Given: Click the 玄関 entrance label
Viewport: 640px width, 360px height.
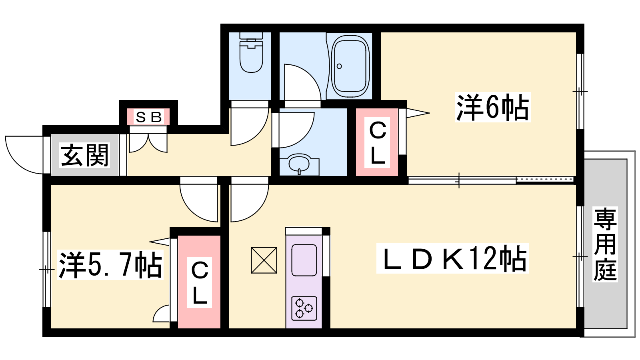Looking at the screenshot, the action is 84,155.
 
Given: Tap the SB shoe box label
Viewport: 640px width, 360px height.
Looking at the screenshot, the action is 148,117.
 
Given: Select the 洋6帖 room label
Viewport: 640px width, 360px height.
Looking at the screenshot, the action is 492,107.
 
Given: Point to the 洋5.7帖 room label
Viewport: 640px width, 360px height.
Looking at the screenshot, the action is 110,264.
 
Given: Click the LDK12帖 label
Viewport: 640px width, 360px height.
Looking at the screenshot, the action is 452,258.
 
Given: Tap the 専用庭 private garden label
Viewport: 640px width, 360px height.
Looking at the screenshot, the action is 605,244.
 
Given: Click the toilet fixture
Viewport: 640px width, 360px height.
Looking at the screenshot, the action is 251,52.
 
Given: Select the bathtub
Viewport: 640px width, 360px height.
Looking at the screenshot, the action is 350,66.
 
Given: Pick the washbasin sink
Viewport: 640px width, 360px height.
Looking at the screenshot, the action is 299,164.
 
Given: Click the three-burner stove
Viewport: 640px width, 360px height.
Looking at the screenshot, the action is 304,308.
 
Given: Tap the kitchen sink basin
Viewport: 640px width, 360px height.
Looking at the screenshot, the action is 304,260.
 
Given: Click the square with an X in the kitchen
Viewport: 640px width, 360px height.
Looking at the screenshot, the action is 264,260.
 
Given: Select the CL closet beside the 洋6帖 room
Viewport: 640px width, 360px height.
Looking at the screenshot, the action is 377,142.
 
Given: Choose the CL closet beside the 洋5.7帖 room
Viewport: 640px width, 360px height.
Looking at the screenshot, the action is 199,282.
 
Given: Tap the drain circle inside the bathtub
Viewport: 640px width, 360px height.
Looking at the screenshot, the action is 339,66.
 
